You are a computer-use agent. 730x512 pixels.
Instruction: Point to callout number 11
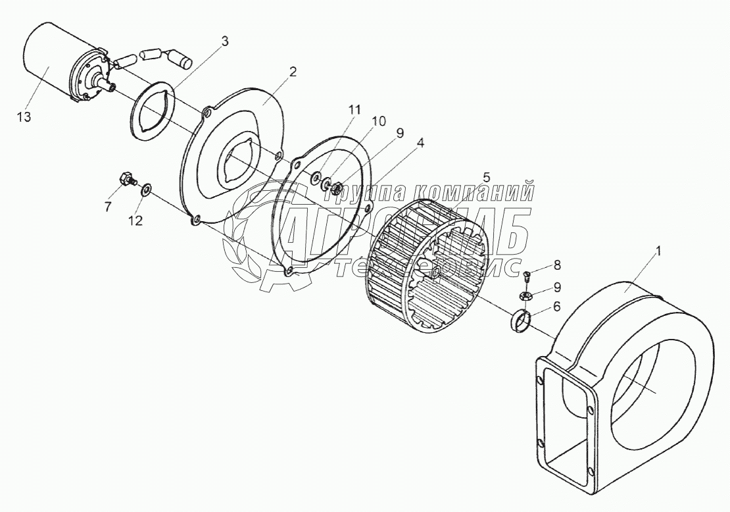[x=354, y=109]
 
